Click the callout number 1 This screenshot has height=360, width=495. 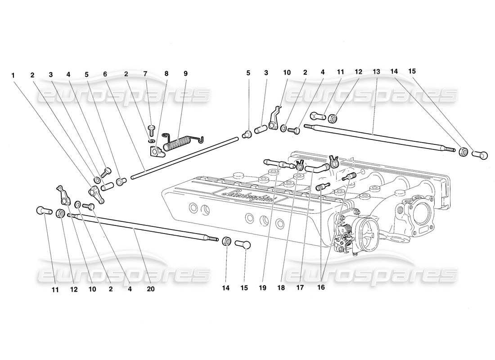click(x=14, y=75)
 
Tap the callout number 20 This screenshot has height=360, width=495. click(x=150, y=289)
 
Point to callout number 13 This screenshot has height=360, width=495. click(x=376, y=72)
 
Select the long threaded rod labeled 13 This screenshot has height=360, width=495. click(x=373, y=135)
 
